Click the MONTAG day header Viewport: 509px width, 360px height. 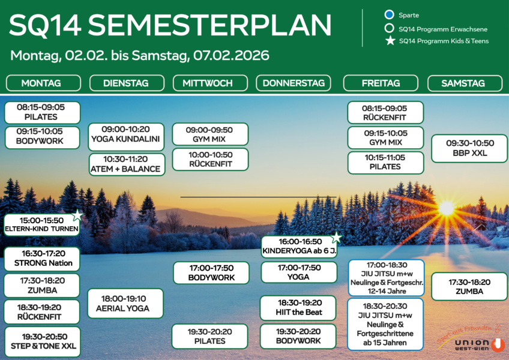pyautogui.click(x=42, y=83)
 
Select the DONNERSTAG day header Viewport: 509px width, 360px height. pyautogui.click(x=293, y=83)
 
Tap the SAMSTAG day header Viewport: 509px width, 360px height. pyautogui.click(x=463, y=83)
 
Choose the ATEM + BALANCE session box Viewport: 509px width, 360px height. pyautogui.click(x=125, y=164)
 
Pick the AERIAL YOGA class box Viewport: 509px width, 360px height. pyautogui.click(x=125, y=303)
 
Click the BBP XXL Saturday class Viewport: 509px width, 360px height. pyautogui.click(x=470, y=148)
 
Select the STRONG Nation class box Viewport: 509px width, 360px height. pyautogui.click(x=42, y=259)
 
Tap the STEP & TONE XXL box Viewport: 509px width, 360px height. pyautogui.click(x=42, y=341)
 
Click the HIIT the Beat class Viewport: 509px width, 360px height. pyautogui.click(x=299, y=308)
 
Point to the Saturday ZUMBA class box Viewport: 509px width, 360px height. pyautogui.click(x=469, y=286)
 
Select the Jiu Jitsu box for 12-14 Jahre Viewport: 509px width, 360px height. pyautogui.click(x=385, y=277)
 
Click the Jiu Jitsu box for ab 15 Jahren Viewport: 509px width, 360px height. pyautogui.click(x=385, y=325)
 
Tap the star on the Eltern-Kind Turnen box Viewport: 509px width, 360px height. pyautogui.click(x=77, y=215)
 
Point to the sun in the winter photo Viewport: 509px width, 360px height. pyautogui.click(x=446, y=208)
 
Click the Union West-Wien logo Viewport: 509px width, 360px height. pyautogui.click(x=471, y=340)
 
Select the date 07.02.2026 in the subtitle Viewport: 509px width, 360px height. pyautogui.click(x=230, y=56)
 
